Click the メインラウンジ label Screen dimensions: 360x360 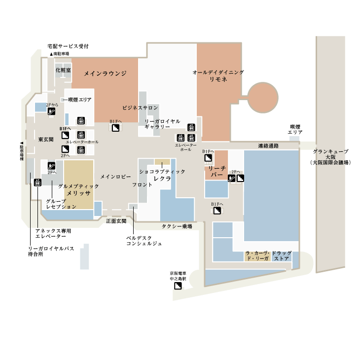[x=105, y=73]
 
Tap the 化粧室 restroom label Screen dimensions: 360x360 [x=63, y=70]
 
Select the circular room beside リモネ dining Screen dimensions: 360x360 [x=263, y=98]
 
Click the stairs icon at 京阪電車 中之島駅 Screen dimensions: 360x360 [x=178, y=286]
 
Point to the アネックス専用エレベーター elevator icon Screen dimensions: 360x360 [x=37, y=182]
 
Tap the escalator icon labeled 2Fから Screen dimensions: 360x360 [x=51, y=111]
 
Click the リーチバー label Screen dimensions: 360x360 [x=216, y=172]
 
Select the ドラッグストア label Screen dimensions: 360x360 [x=282, y=256]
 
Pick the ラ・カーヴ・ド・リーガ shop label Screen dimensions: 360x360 [x=257, y=256]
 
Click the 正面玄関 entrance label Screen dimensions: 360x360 [x=116, y=221]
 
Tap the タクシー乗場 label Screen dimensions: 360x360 [x=177, y=227]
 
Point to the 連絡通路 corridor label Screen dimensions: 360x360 [x=268, y=146]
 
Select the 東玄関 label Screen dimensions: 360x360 [x=46, y=140]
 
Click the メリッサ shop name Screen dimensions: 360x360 [x=78, y=193]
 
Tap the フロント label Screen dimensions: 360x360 [x=142, y=185]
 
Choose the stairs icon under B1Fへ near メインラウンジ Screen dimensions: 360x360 [x=115, y=128]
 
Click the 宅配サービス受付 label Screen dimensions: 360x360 [x=68, y=46]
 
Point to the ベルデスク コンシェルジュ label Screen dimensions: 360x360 [x=144, y=241]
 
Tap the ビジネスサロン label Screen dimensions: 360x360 [x=140, y=108]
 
